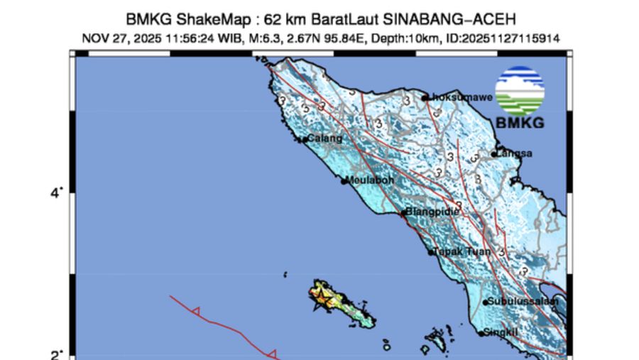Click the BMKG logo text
[x=520, y=123]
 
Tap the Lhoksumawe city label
[x=461, y=98]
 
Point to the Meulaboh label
[x=371, y=180]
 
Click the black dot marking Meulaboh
[x=344, y=181]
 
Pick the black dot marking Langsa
[x=494, y=154]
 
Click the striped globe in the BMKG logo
[x=520, y=90]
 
